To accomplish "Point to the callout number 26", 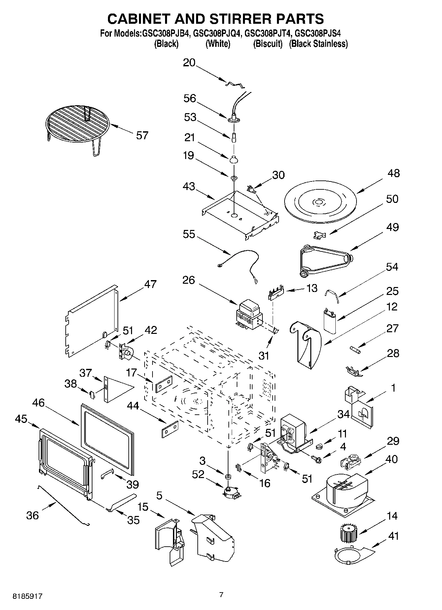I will click(188, 280).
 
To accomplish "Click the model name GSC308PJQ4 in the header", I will click(218, 33).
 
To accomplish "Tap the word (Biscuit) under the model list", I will click(268, 44).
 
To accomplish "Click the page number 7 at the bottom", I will click(221, 595).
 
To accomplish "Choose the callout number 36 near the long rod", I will click(32, 515).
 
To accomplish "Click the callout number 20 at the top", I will click(189, 63).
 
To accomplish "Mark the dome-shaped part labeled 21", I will click(234, 160).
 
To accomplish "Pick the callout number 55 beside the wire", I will click(189, 234).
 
